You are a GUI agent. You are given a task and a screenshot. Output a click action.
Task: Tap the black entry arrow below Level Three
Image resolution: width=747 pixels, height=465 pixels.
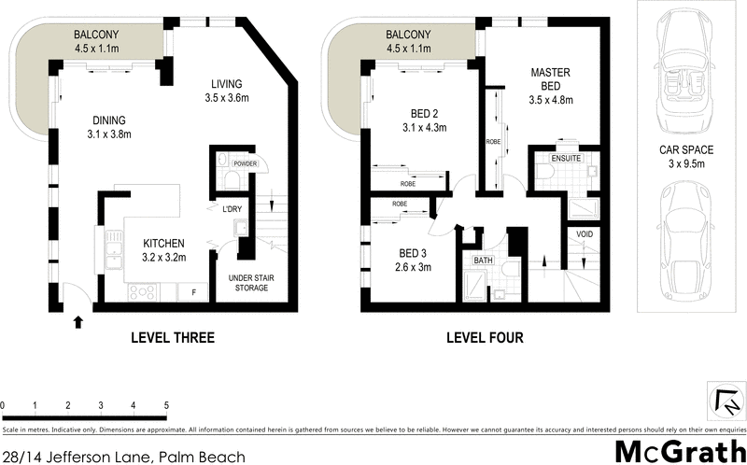[x=78, y=322]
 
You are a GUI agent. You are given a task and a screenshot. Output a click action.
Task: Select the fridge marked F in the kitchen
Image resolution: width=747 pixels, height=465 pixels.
[x=193, y=292]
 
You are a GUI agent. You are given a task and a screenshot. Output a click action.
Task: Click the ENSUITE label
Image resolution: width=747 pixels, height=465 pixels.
[x=567, y=159]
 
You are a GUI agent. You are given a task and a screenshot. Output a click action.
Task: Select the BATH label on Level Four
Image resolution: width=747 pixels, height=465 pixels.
[x=483, y=261]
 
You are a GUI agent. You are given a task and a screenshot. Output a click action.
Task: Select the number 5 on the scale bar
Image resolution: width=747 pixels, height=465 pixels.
[x=166, y=406]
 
